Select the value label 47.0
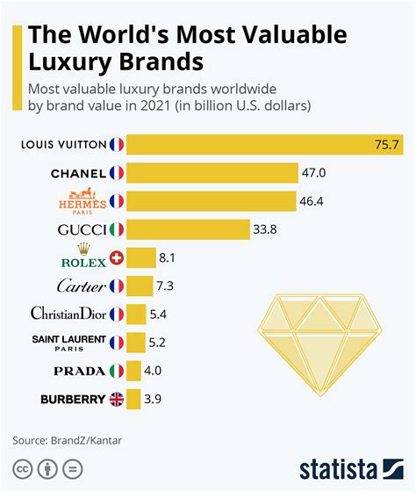pyautogui.click(x=313, y=173)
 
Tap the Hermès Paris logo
pyautogui.click(x=82, y=200)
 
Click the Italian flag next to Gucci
pyautogui.click(x=117, y=229)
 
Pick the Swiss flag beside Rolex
pyautogui.click(x=117, y=257)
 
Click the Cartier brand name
pyautogui.click(x=82, y=286)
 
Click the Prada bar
pyautogui.click(x=134, y=371)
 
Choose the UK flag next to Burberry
pyautogui.click(x=117, y=399)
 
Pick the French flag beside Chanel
pyautogui.click(x=117, y=173)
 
